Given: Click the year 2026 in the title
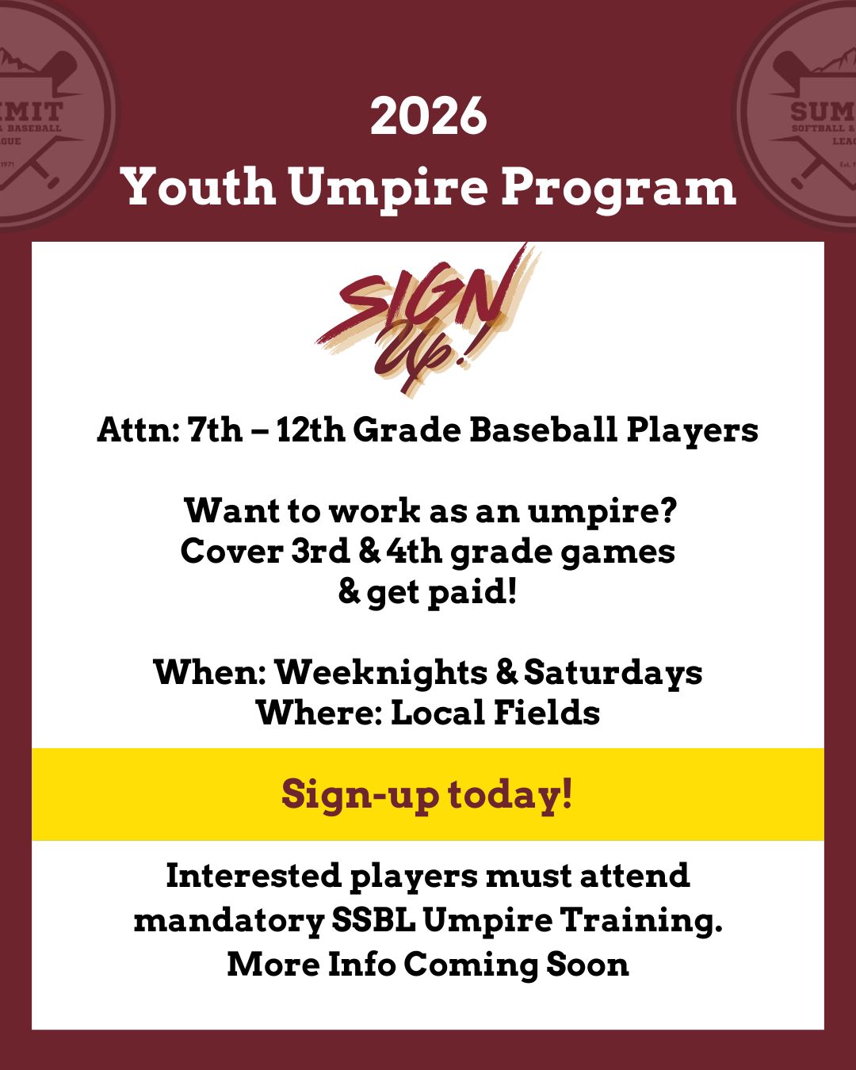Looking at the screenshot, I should point(428,116).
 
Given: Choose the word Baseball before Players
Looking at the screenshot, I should point(543,430).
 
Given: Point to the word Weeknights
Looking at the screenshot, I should point(380,673).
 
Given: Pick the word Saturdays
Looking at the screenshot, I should point(613,673).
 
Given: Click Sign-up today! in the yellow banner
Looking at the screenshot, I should point(427,795).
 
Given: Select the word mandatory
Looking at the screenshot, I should point(228,921).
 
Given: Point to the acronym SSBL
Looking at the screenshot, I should point(373,921).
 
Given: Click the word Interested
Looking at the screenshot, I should point(253,877).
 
